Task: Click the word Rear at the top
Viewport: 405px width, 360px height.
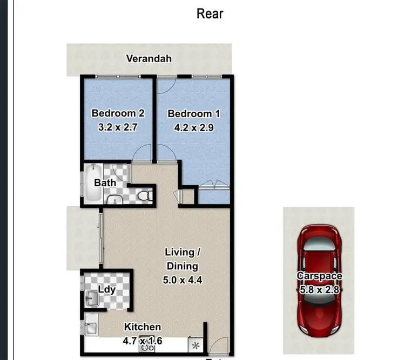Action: pyautogui.click(x=210, y=13)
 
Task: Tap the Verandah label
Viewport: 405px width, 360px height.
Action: pyautogui.click(x=149, y=58)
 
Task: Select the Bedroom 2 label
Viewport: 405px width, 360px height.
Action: pyautogui.click(x=118, y=114)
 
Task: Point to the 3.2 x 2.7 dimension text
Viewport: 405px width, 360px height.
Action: pyautogui.click(x=118, y=128)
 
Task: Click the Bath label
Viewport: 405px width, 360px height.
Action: pyautogui.click(x=105, y=182)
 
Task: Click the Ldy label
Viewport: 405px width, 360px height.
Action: pyautogui.click(x=107, y=290)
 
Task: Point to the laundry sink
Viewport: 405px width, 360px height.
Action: pyautogui.click(x=90, y=297)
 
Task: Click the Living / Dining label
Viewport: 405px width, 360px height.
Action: pyautogui.click(x=183, y=259)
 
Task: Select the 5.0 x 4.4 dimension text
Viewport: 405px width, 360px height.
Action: pyautogui.click(x=183, y=280)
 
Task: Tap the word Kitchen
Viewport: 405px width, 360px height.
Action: pyautogui.click(x=143, y=327)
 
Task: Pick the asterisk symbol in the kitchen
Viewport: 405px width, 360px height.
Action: pyautogui.click(x=195, y=344)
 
